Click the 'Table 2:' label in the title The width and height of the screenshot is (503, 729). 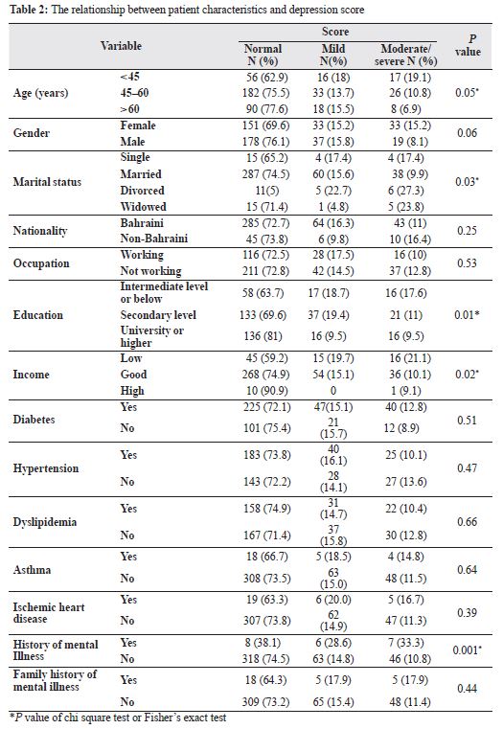point(29,10)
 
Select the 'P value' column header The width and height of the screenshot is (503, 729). point(468,46)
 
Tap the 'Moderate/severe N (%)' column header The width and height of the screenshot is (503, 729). point(405,55)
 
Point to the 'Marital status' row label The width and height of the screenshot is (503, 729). point(47,182)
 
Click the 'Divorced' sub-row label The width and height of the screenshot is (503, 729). point(142,191)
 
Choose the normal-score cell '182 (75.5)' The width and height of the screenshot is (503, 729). point(266,93)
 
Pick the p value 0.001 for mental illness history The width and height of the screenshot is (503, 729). point(467,649)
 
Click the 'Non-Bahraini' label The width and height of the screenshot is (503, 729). point(154,239)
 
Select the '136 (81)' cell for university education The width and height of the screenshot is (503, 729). point(263,336)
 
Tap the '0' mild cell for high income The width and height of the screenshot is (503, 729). point(332,391)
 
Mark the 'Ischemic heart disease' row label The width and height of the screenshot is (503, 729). point(49,613)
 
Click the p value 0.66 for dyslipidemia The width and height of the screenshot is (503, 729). point(467,522)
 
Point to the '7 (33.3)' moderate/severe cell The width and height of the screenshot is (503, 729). point(405,643)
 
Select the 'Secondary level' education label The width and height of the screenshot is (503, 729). point(158,315)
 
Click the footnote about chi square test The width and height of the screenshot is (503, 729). point(118,718)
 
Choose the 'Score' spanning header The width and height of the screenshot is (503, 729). point(335,32)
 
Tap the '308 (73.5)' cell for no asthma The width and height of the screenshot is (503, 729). point(267,579)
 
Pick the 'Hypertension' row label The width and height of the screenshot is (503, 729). point(46,468)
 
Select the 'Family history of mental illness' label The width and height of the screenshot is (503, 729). point(55,681)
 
